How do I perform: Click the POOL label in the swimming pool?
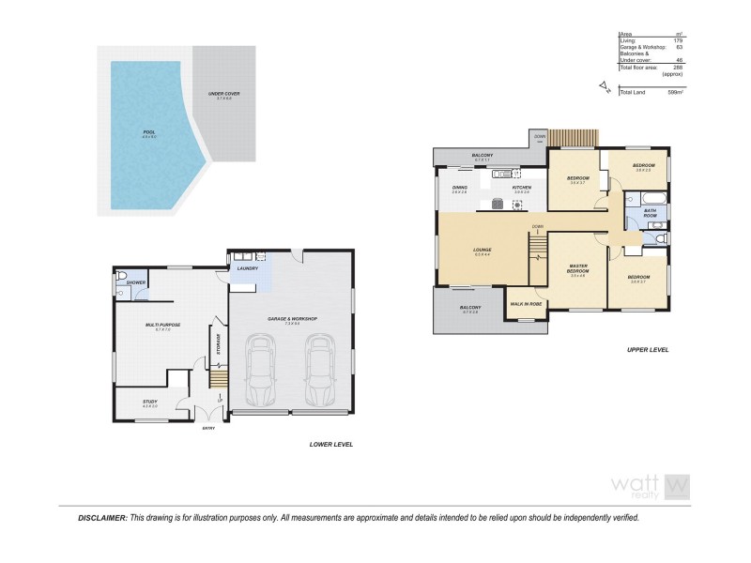coord(148,132)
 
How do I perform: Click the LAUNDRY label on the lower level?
coord(247,268)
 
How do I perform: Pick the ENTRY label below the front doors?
coord(208,429)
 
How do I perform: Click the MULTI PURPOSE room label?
coord(162,325)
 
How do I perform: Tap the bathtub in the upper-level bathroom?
coord(651,198)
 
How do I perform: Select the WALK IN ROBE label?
coord(527,304)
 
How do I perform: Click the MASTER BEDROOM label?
coord(577,269)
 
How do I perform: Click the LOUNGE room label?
coord(483,250)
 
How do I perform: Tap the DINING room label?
coord(460,188)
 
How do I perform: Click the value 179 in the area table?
coord(677,39)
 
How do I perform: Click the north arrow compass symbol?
coord(603,90)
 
